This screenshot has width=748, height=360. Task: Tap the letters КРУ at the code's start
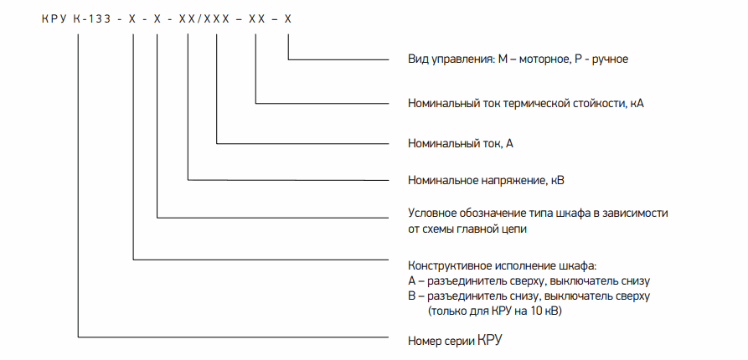point(54,19)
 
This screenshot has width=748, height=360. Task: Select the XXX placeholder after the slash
point(218,19)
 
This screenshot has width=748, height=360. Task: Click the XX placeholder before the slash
point(188,19)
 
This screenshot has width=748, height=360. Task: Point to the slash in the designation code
point(200,19)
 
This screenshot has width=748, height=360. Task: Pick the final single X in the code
point(287,19)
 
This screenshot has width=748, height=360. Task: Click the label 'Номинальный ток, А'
point(461,143)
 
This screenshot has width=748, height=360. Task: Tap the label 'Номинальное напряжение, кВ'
point(487,180)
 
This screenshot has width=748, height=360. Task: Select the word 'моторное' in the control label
point(542,59)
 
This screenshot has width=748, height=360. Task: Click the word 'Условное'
point(431,213)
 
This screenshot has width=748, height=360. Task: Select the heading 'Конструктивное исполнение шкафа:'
point(503,266)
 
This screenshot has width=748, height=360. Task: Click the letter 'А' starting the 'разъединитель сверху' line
point(411,280)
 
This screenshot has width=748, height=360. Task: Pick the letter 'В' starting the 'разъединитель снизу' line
point(411,296)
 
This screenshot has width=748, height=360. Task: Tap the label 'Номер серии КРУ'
point(456,342)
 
